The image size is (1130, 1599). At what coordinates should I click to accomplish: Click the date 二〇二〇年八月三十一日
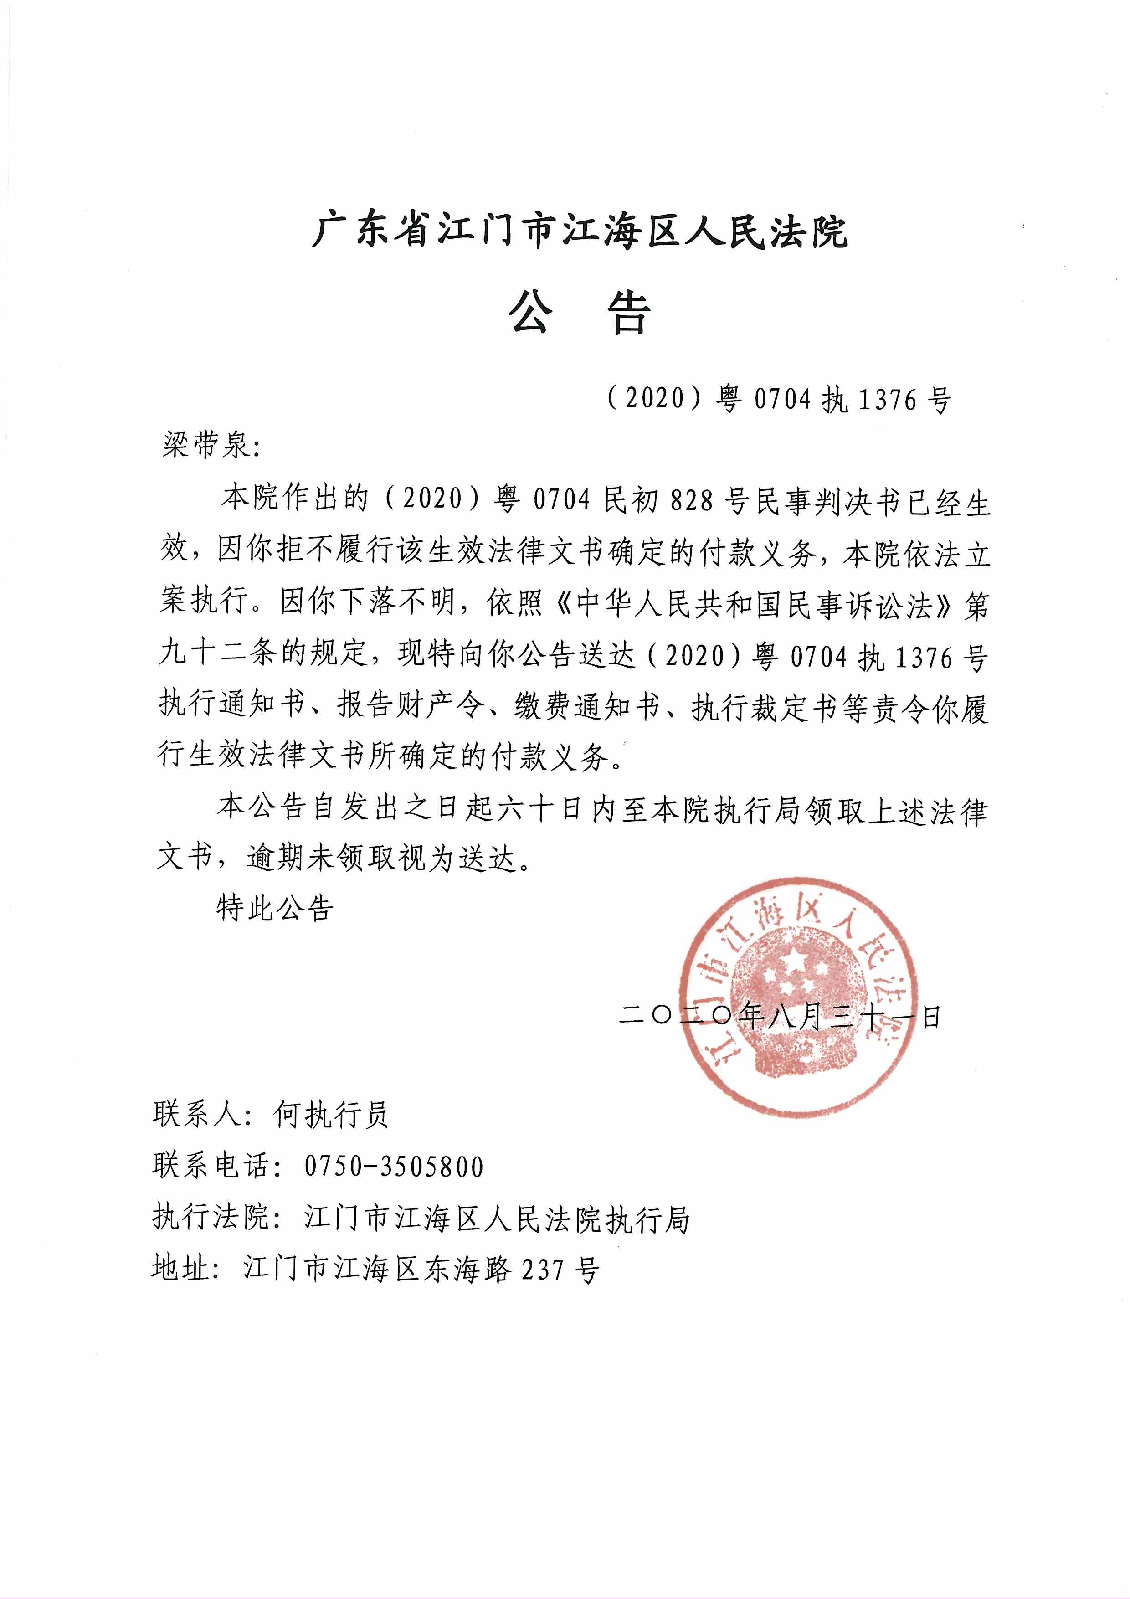click(780, 1018)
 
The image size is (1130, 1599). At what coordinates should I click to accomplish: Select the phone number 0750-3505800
click(393, 1167)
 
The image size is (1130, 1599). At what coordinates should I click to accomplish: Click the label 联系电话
click(212, 1167)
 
